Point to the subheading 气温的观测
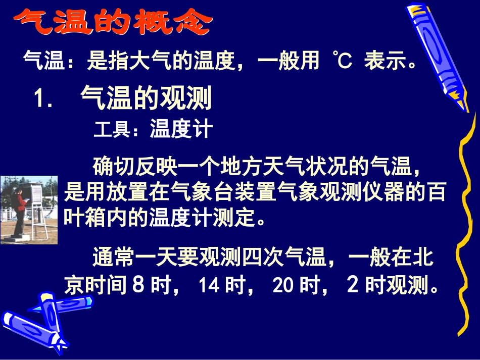tap(146, 98)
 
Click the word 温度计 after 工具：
tap(181, 130)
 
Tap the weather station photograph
tap(29, 210)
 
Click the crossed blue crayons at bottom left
tap(45, 318)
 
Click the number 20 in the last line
tap(283, 286)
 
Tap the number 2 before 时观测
tap(353, 286)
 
